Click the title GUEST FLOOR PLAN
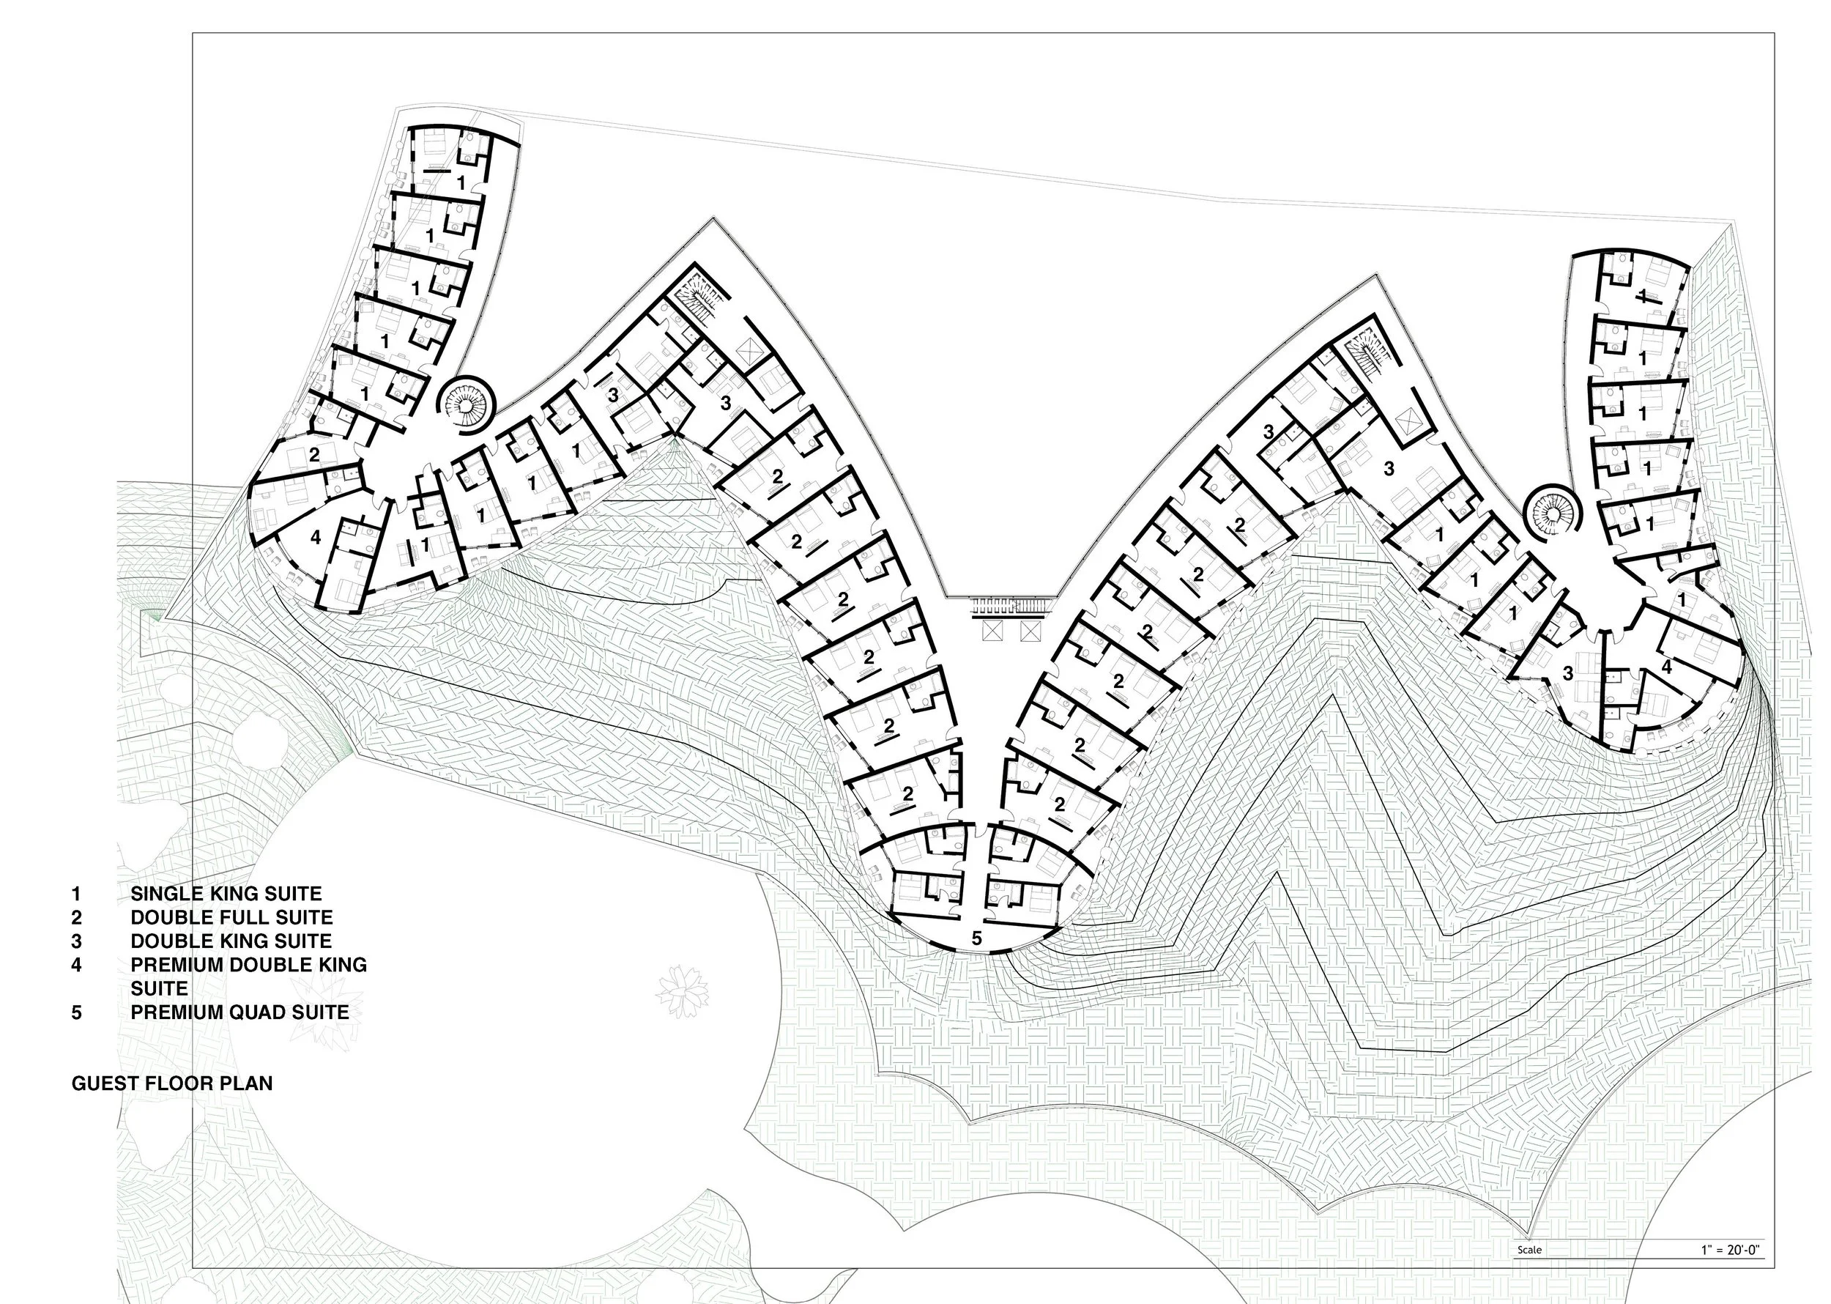click(172, 1083)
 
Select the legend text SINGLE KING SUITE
click(226, 894)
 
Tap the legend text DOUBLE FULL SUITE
click(231, 917)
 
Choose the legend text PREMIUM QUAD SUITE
click(239, 1012)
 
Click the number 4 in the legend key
click(76, 964)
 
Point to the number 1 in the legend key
click(76, 894)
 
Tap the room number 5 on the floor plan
click(976, 938)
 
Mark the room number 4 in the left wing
click(316, 537)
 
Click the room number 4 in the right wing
click(1666, 667)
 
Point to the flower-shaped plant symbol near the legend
click(683, 992)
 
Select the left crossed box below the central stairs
click(993, 632)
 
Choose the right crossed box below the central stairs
click(1030, 632)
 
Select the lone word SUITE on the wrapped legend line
click(159, 988)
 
